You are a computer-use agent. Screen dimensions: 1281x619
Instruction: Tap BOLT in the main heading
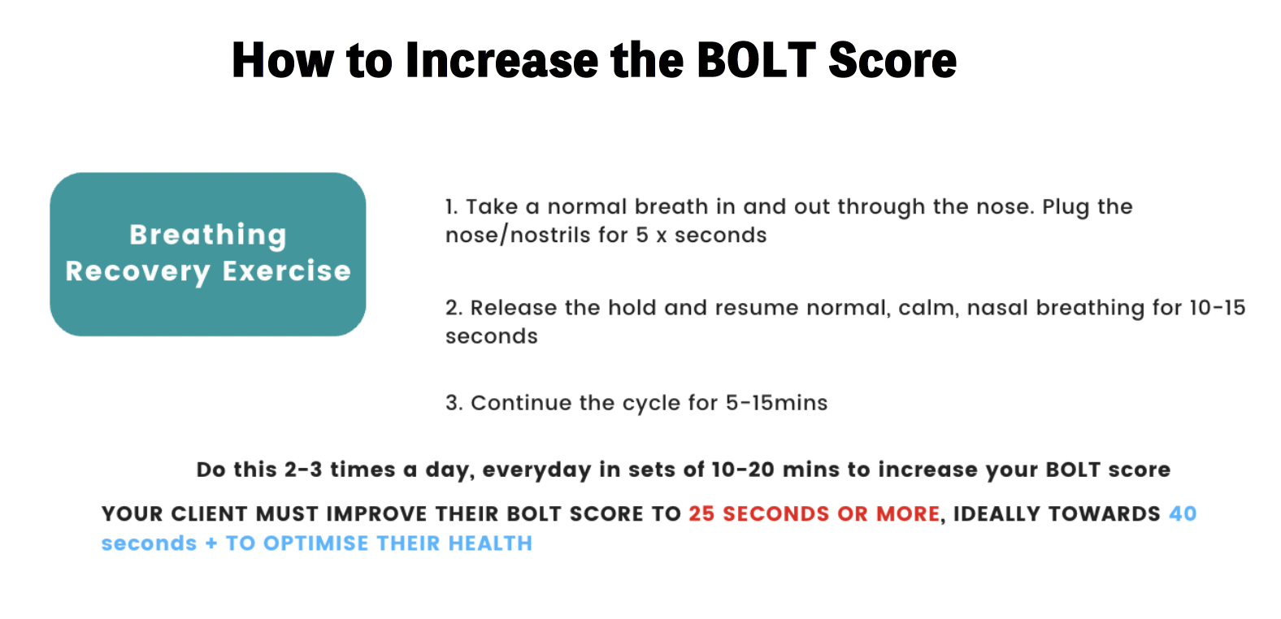(757, 60)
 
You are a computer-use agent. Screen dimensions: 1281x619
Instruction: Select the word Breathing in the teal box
(208, 236)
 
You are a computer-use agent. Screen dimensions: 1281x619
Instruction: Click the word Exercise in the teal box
(286, 271)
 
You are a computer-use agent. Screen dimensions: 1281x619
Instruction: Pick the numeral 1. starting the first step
(452, 207)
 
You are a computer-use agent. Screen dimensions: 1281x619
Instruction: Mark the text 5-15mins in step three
(776, 403)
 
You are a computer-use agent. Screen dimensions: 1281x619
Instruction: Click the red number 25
(701, 514)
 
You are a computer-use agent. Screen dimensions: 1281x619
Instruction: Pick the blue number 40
(1183, 514)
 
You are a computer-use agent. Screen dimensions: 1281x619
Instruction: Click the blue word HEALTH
(490, 543)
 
